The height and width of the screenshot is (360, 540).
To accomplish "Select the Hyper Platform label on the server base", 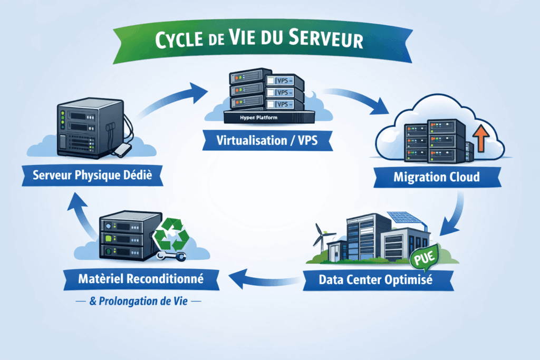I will click(x=258, y=118).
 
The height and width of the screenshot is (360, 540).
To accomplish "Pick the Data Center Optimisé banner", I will click(x=376, y=279).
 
